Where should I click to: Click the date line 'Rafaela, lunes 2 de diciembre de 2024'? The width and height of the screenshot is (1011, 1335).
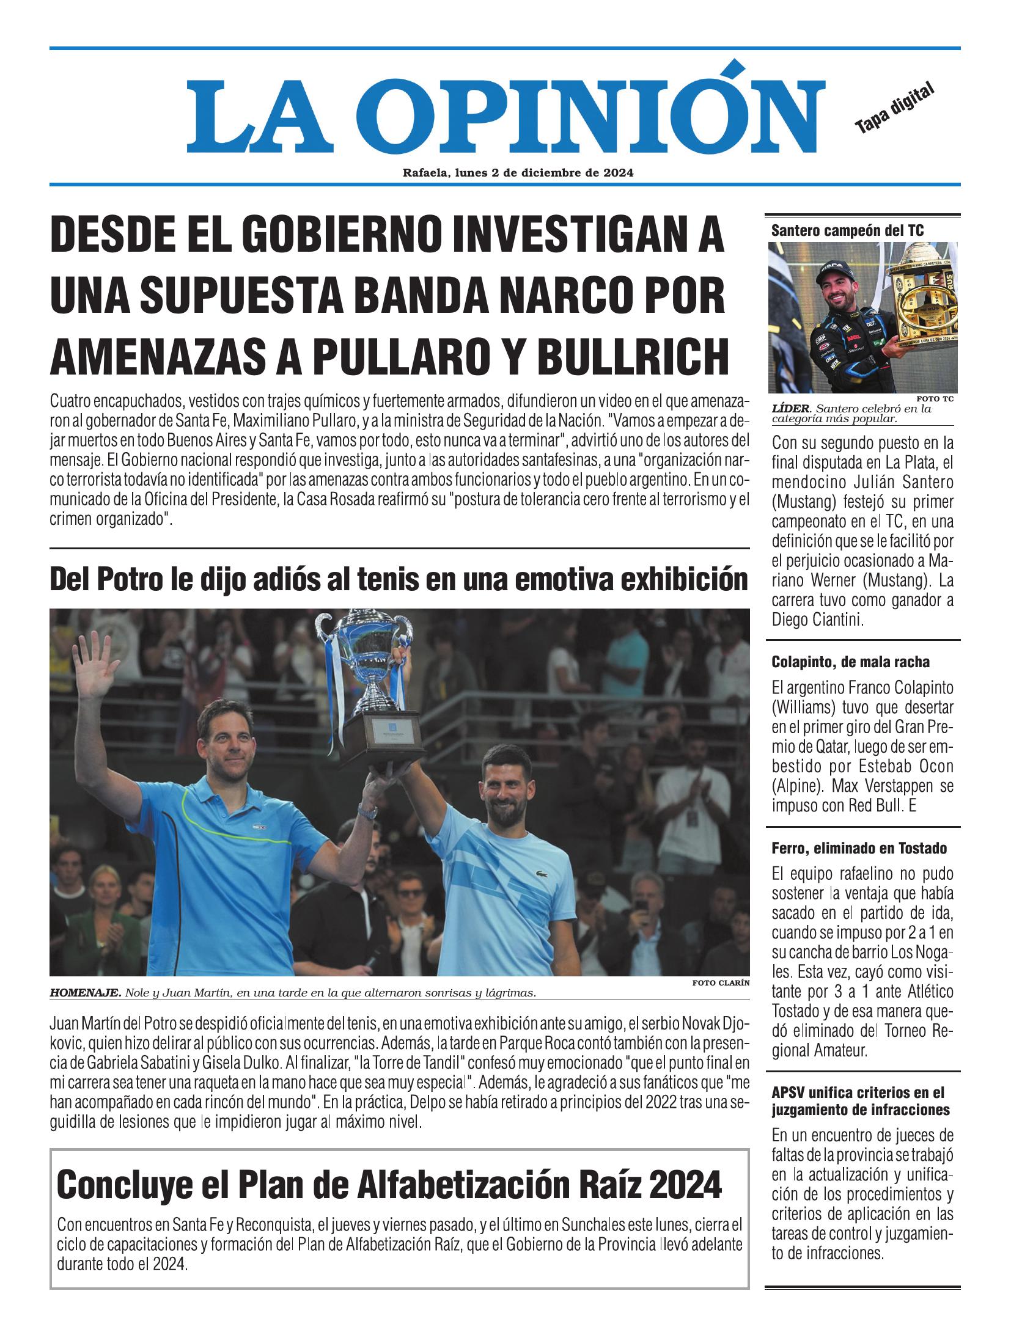[x=518, y=173]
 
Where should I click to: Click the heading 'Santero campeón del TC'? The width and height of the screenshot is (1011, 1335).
[x=847, y=230]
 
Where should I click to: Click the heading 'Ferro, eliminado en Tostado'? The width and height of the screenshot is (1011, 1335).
[x=859, y=848]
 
